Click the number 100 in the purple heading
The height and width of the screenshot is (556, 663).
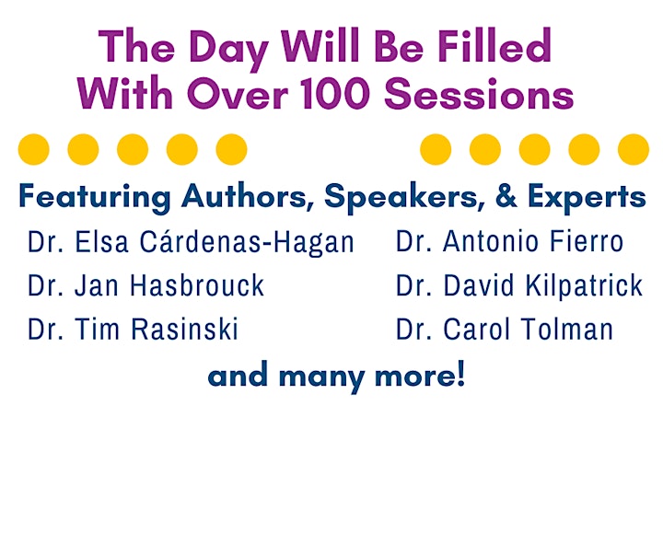pyautogui.click(x=335, y=94)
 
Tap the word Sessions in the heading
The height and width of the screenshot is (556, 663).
pyautogui.click(x=479, y=94)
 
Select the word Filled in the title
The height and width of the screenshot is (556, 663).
pyautogui.click(x=494, y=46)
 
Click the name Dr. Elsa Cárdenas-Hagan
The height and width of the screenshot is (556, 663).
pyautogui.click(x=191, y=243)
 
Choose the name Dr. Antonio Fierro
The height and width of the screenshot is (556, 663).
pyautogui.click(x=509, y=242)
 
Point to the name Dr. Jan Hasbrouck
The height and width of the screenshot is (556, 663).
pyautogui.click(x=145, y=285)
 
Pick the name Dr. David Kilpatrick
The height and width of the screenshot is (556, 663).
pyautogui.click(x=519, y=285)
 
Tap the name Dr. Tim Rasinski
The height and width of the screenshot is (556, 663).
pyautogui.click(x=134, y=329)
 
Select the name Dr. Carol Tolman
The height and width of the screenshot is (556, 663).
pyautogui.click(x=505, y=329)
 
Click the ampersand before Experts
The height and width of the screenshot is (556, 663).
pyautogui.click(x=506, y=195)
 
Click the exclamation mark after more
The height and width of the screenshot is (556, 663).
pyautogui.click(x=460, y=374)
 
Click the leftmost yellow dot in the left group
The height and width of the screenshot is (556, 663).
pyautogui.click(x=34, y=149)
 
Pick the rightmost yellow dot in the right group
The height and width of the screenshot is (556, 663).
pyautogui.click(x=634, y=149)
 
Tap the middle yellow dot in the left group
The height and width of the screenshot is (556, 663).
pyautogui.click(x=133, y=149)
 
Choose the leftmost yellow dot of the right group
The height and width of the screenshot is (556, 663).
pyautogui.click(x=436, y=149)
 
